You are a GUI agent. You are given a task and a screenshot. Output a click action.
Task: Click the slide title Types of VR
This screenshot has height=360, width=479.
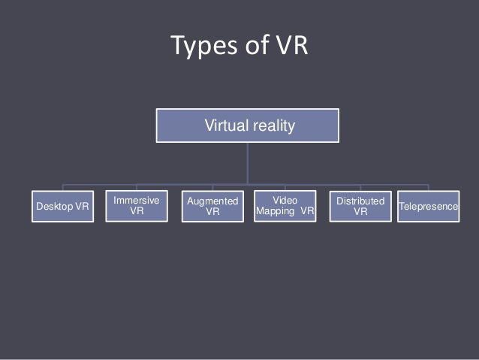point(239,47)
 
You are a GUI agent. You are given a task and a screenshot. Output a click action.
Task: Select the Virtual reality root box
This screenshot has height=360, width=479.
point(248,126)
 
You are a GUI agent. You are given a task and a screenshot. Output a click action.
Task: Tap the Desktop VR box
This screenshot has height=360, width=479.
point(62,207)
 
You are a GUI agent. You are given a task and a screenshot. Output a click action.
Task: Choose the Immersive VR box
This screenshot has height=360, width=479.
point(137,206)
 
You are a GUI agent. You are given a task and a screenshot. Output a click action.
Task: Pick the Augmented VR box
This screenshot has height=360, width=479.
point(212,206)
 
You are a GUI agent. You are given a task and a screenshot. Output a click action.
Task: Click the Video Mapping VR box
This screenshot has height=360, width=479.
point(285,206)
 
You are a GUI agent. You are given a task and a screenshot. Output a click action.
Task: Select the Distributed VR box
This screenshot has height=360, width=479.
point(360,206)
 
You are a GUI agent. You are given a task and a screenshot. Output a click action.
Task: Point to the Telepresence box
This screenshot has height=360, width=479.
point(428,205)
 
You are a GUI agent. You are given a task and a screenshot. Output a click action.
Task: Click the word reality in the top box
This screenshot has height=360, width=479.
point(272,126)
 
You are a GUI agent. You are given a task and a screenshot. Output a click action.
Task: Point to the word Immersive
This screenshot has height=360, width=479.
point(137,201)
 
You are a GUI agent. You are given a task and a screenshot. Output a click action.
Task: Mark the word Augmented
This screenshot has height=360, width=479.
point(212,201)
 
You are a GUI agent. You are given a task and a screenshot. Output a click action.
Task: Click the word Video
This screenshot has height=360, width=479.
point(285,200)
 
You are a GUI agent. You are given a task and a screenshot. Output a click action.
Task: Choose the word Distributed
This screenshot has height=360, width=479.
point(360,201)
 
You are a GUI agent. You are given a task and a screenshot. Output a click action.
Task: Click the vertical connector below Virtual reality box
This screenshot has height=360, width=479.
point(248,164)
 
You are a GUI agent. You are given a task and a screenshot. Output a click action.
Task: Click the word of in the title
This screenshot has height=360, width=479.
point(252,47)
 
